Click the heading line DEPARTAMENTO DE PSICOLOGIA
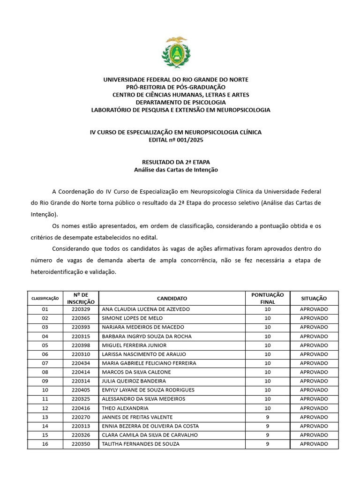click(x=180, y=102)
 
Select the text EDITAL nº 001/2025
click(x=176, y=140)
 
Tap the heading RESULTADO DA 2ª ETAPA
click(x=176, y=162)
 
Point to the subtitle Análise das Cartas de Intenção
click(x=176, y=170)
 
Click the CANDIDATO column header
click(x=172, y=298)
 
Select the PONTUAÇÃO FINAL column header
click(x=267, y=298)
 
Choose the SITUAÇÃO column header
click(x=314, y=298)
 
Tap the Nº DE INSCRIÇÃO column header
click(x=81, y=298)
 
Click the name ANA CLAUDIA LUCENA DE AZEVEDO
click(x=146, y=309)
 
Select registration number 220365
click(x=81, y=318)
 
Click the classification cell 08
click(x=45, y=372)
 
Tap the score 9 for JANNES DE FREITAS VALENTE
click(x=267, y=417)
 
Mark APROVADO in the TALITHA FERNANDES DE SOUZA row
click(x=314, y=444)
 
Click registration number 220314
click(x=81, y=381)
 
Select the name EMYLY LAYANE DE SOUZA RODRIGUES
click(x=148, y=390)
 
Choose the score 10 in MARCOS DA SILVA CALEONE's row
click(x=267, y=372)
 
